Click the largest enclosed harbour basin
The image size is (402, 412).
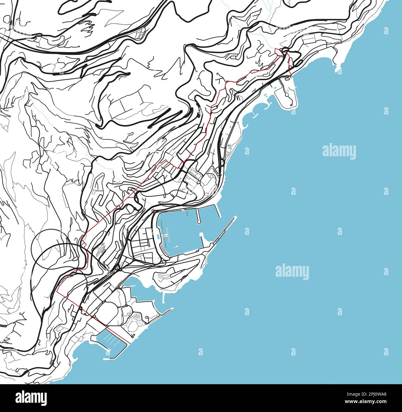[182, 229]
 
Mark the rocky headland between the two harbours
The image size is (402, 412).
[176, 275]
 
